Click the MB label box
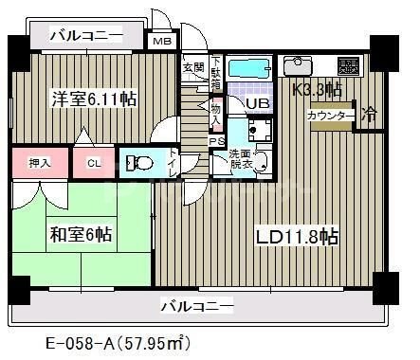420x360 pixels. [x=162, y=40]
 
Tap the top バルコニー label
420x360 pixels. [x=86, y=36]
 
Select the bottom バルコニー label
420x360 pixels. [x=195, y=305]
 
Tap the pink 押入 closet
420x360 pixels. [x=39, y=163]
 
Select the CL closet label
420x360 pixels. [x=93, y=163]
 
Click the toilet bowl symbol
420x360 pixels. [x=141, y=163]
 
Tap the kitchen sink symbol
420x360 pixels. [x=298, y=65]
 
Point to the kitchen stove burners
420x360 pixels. [x=347, y=65]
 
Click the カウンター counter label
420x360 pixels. [x=330, y=116]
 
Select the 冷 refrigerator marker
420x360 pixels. [x=371, y=114]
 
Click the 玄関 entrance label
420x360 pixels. [x=193, y=67]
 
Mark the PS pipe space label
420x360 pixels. [x=215, y=142]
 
